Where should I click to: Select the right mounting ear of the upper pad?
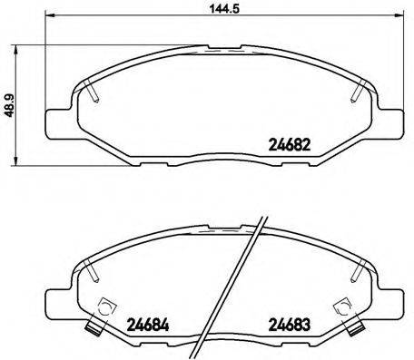390,122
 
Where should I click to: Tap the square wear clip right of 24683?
343,308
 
